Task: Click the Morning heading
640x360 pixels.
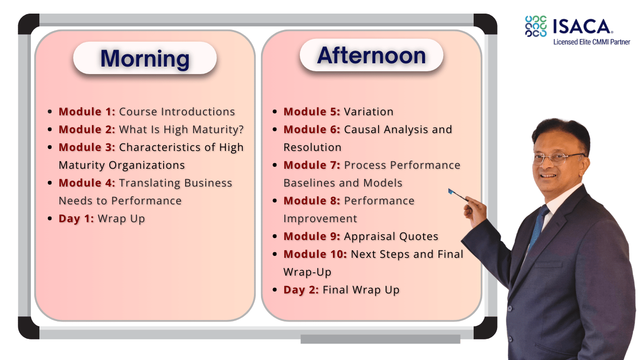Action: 145,59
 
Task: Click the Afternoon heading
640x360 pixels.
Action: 372,55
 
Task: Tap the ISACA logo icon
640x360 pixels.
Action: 536,26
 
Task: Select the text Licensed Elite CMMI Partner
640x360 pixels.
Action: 591,42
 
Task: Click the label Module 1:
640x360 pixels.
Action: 87,112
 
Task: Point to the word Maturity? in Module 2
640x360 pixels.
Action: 218,130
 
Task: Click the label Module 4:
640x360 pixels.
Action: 87,183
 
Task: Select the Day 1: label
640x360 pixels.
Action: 76,219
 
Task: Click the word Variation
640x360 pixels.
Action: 369,112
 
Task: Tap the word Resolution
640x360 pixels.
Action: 313,147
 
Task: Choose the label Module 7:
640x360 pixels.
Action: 312,165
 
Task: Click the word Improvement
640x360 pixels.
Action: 320,218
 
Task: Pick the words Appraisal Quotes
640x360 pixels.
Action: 391,236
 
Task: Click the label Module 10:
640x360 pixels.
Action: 315,254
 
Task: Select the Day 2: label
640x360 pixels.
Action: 301,290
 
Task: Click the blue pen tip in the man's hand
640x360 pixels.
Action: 451,191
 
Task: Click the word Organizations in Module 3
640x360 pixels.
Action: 147,165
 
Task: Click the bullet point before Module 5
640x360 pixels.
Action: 275,112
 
